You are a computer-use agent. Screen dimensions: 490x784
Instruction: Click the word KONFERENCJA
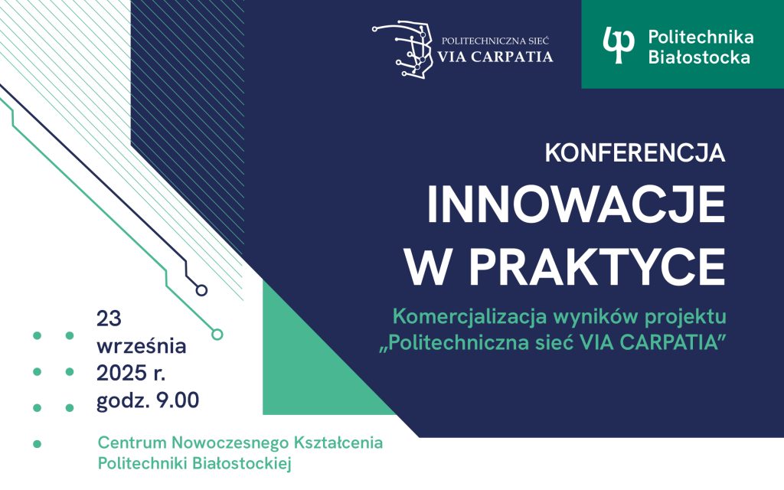[635, 153]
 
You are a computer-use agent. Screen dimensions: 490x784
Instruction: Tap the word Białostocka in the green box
[699, 56]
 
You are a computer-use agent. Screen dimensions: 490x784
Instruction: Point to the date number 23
[109, 317]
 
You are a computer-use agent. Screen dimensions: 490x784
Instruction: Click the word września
[141, 345]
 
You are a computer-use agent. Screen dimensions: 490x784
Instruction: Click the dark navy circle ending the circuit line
[201, 290]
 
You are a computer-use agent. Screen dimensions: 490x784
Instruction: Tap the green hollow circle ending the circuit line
[217, 334]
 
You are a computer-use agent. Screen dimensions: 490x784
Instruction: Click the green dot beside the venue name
[36, 443]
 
